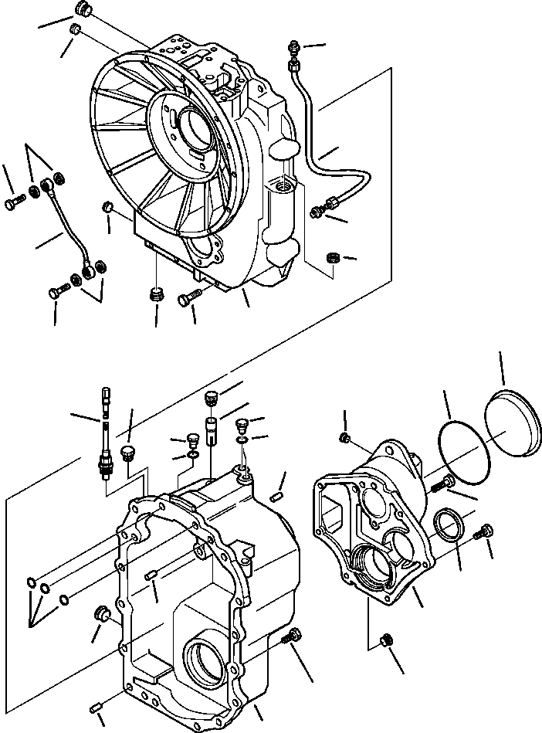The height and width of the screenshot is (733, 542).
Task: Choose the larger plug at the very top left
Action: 82,10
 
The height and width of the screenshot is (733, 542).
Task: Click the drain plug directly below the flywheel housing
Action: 157,294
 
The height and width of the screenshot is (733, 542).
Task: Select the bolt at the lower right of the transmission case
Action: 291,639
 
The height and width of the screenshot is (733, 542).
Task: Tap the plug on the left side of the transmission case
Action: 100,614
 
